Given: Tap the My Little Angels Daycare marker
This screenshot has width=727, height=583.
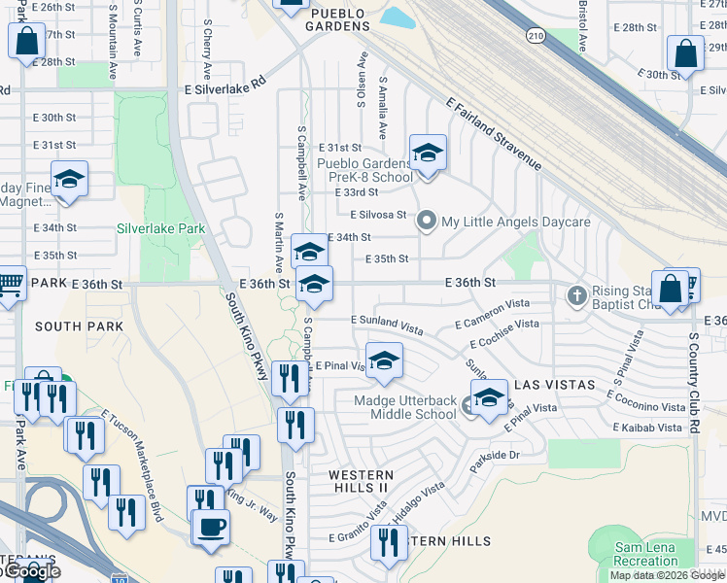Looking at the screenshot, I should [x=426, y=222].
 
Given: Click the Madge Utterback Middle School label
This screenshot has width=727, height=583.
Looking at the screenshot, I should [x=405, y=407].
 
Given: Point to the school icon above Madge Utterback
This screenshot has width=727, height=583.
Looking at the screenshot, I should [x=384, y=360].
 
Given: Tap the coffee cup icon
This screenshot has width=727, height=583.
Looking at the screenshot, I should [x=211, y=528].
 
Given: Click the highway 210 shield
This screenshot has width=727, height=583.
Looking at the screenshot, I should [x=536, y=36].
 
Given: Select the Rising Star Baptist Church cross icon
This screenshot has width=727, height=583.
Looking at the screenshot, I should [x=576, y=294].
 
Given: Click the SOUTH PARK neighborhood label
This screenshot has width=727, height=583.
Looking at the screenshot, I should [x=80, y=326].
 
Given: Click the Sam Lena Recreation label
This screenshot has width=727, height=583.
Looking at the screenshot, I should [x=646, y=555].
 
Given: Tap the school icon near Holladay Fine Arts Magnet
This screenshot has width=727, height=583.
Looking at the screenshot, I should [x=69, y=179].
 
